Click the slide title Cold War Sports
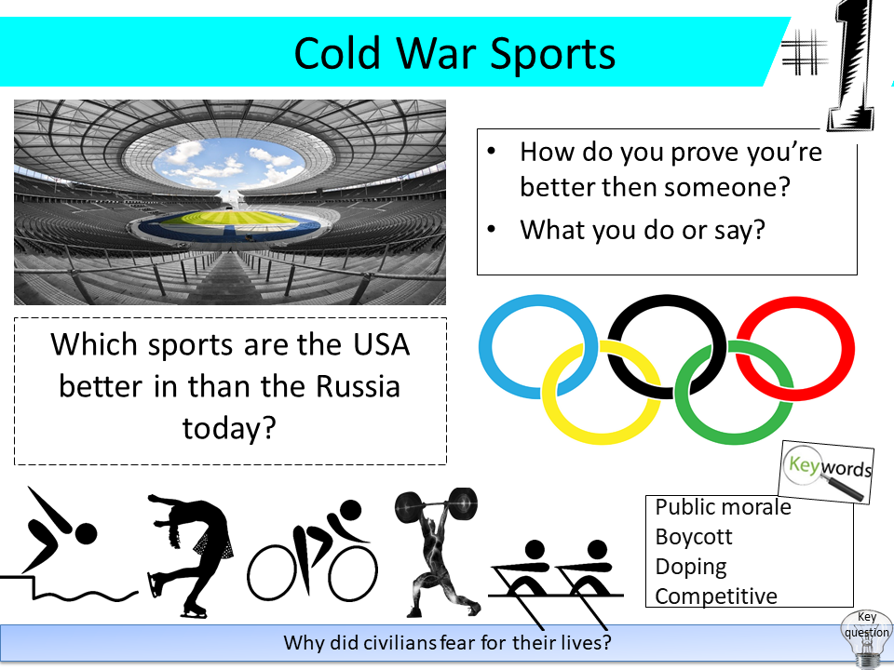[x=454, y=53]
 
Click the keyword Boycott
[x=694, y=537]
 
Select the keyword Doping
[x=691, y=566]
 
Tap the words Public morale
[x=723, y=507]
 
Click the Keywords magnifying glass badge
[x=826, y=471]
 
